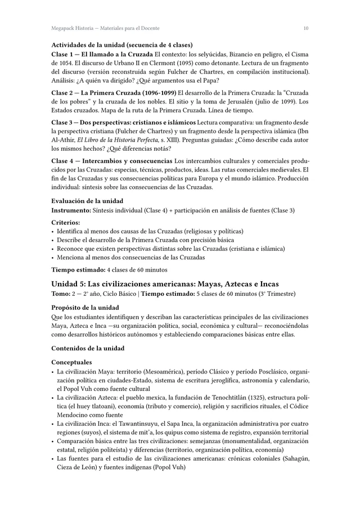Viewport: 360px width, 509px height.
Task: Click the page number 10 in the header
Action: pyautogui.click(x=305, y=28)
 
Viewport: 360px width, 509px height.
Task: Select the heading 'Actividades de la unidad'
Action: pyautogui.click(x=122, y=45)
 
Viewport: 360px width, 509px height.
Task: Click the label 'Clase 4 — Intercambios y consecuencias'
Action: pyautogui.click(x=112, y=161)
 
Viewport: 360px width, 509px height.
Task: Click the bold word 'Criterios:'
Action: pyautogui.click(x=66, y=223)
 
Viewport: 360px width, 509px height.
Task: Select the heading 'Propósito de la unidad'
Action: pyautogui.click(x=85, y=308)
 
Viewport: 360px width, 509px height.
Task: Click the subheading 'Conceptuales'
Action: pyautogui.click(x=73, y=363)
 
